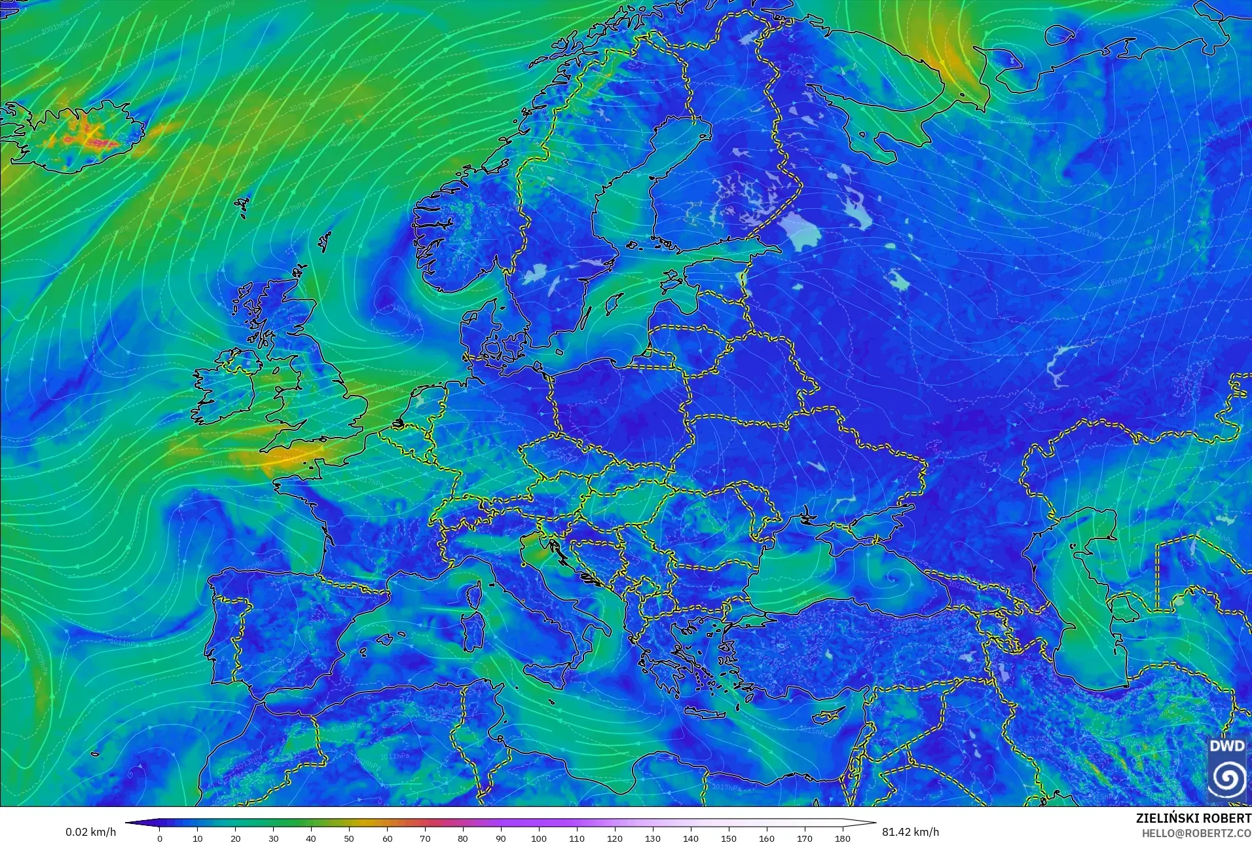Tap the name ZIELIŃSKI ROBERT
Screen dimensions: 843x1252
1193,819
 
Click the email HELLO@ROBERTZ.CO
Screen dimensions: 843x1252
1196,833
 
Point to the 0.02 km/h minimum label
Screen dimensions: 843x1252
90,832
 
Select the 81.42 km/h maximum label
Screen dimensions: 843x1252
910,832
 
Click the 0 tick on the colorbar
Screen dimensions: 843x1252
160,838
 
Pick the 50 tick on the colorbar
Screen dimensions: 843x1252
349,838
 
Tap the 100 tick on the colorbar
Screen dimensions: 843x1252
538,838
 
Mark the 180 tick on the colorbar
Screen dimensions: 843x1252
842,838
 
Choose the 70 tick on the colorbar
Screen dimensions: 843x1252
425,838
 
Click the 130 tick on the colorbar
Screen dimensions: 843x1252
652,838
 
